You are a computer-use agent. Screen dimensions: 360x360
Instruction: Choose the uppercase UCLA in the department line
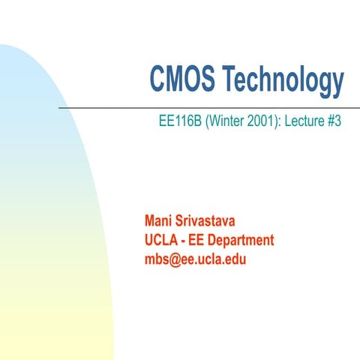pyautogui.click(x=161, y=241)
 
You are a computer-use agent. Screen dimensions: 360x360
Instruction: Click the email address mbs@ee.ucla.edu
pyautogui.click(x=195, y=260)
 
